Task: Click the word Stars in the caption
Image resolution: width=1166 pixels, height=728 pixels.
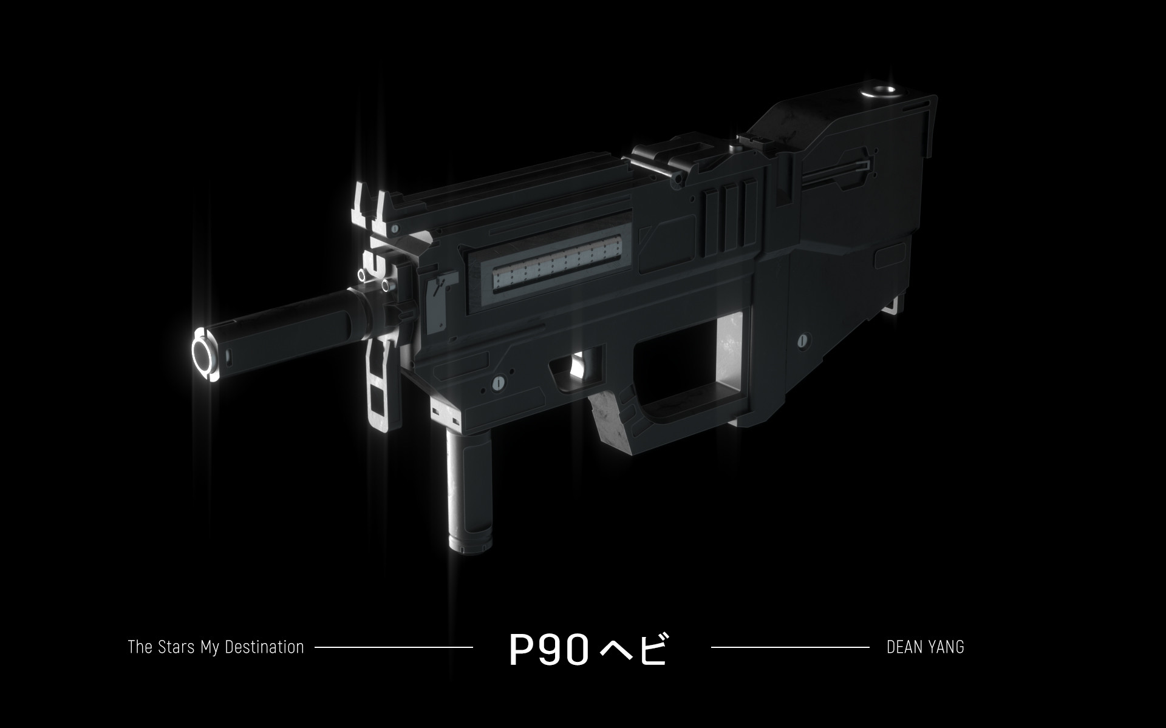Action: tap(176, 647)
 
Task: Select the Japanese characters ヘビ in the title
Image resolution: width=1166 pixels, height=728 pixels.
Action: tap(633, 650)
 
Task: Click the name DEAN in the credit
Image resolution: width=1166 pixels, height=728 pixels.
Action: tap(904, 647)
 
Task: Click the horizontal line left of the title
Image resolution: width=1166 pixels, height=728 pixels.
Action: tap(394, 647)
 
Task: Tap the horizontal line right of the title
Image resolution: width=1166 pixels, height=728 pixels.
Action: tap(789, 647)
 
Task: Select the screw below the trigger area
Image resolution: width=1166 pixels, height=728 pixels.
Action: tap(499, 382)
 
